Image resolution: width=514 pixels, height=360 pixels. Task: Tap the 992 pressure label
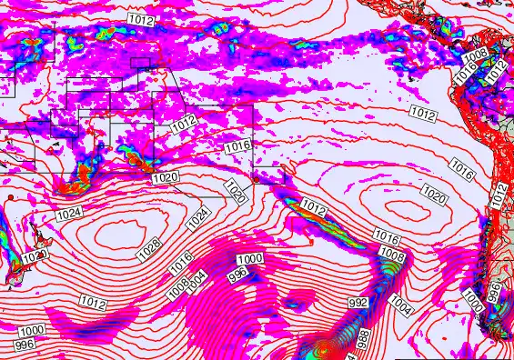tap(359, 302)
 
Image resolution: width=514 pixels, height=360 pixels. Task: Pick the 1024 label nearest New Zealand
tap(68, 214)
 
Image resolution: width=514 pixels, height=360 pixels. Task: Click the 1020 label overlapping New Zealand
tap(34, 257)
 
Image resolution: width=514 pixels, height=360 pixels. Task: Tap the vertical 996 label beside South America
tap(494, 292)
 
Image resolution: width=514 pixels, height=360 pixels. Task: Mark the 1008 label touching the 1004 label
tap(177, 286)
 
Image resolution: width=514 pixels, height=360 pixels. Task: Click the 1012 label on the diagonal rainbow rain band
tap(313, 208)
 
